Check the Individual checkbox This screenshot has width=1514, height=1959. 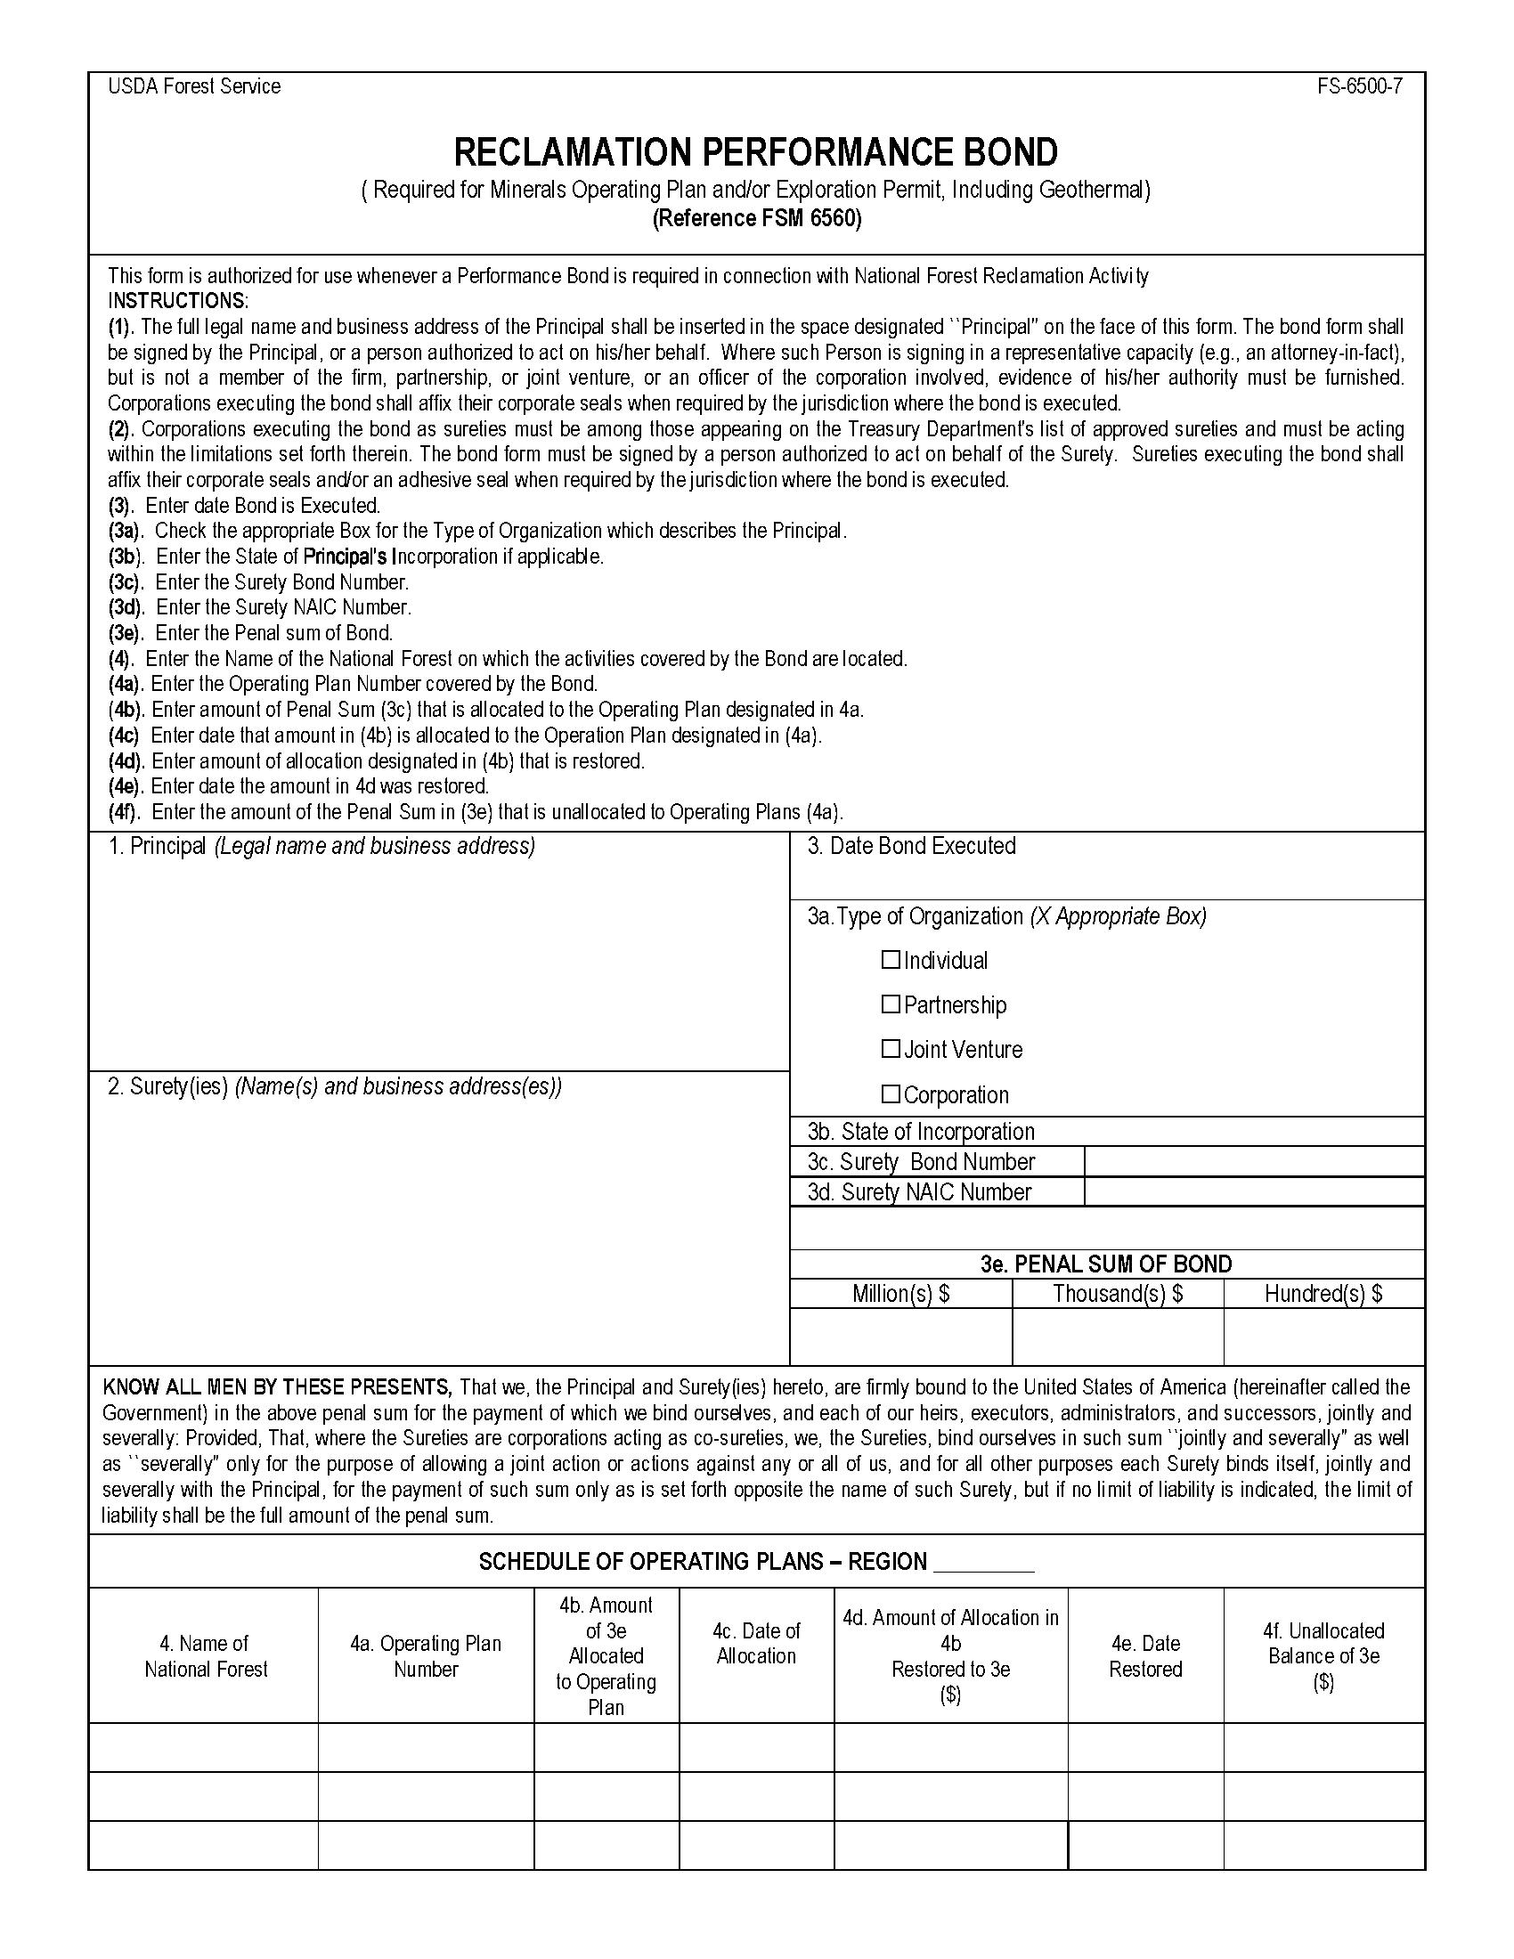[x=890, y=960]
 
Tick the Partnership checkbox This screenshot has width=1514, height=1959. [x=890, y=1004]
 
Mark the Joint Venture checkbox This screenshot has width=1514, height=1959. [x=890, y=1049]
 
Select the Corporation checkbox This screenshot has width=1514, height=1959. [x=890, y=1094]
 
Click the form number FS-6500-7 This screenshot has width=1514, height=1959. [x=1360, y=87]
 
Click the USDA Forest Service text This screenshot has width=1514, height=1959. [x=195, y=87]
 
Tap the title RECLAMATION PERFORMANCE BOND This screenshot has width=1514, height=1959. [x=756, y=152]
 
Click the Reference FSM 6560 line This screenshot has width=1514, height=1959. [x=756, y=219]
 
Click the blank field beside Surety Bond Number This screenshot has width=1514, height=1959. [x=1253, y=1161]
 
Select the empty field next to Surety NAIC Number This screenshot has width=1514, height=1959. [x=1253, y=1191]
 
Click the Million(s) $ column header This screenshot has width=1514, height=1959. [x=900, y=1294]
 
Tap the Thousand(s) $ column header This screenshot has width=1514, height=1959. [x=1118, y=1294]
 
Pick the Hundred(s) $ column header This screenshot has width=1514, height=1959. [x=1323, y=1294]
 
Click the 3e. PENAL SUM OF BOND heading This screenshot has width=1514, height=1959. [x=1106, y=1264]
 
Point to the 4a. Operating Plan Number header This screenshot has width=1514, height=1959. [x=425, y=1656]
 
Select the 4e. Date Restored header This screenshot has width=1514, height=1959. [x=1145, y=1656]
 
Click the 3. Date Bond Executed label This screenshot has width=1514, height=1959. [x=911, y=846]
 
